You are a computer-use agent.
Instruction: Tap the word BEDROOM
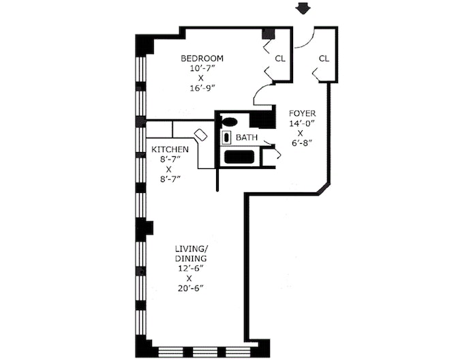(201, 58)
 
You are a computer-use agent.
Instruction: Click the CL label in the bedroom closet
(279, 59)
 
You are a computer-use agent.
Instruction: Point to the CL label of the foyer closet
(324, 59)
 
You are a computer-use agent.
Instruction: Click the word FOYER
(302, 113)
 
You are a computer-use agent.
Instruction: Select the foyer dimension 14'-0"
(302, 123)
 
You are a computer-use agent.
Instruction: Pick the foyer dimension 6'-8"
(302, 144)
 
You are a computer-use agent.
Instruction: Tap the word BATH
(246, 138)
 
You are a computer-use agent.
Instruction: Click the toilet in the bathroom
(230, 122)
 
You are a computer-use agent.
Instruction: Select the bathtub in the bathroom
(240, 157)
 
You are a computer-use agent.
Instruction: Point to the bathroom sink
(226, 138)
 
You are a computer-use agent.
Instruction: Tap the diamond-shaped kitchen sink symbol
(201, 134)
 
